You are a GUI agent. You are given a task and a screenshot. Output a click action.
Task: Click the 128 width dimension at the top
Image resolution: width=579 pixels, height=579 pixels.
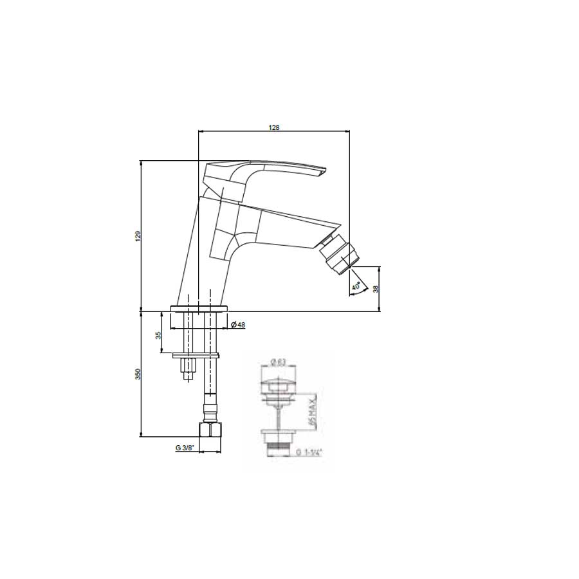coord(274,127)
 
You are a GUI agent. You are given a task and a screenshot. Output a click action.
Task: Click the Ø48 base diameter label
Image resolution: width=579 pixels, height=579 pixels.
coord(238,325)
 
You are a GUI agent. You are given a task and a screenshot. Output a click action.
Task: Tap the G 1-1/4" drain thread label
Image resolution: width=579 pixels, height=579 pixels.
coord(310,452)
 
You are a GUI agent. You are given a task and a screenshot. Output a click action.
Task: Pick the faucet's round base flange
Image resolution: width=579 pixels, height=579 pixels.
coord(200,308)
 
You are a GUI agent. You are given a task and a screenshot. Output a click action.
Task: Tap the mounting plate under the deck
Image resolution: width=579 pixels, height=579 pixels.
coord(196,354)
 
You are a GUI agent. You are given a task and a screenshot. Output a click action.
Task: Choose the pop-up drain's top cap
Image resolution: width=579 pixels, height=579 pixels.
coord(279,386)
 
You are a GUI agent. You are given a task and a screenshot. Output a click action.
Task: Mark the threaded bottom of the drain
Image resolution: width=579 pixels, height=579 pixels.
coord(279,442)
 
